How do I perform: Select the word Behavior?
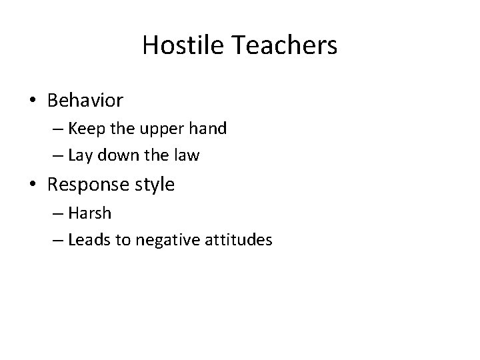pyautogui.click(x=85, y=101)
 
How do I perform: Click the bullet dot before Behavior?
pyautogui.click(x=33, y=101)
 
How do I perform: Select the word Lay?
pyautogui.click(x=79, y=156)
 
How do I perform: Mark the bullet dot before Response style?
pyautogui.click(x=33, y=185)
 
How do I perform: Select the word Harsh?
pyautogui.click(x=89, y=213)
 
